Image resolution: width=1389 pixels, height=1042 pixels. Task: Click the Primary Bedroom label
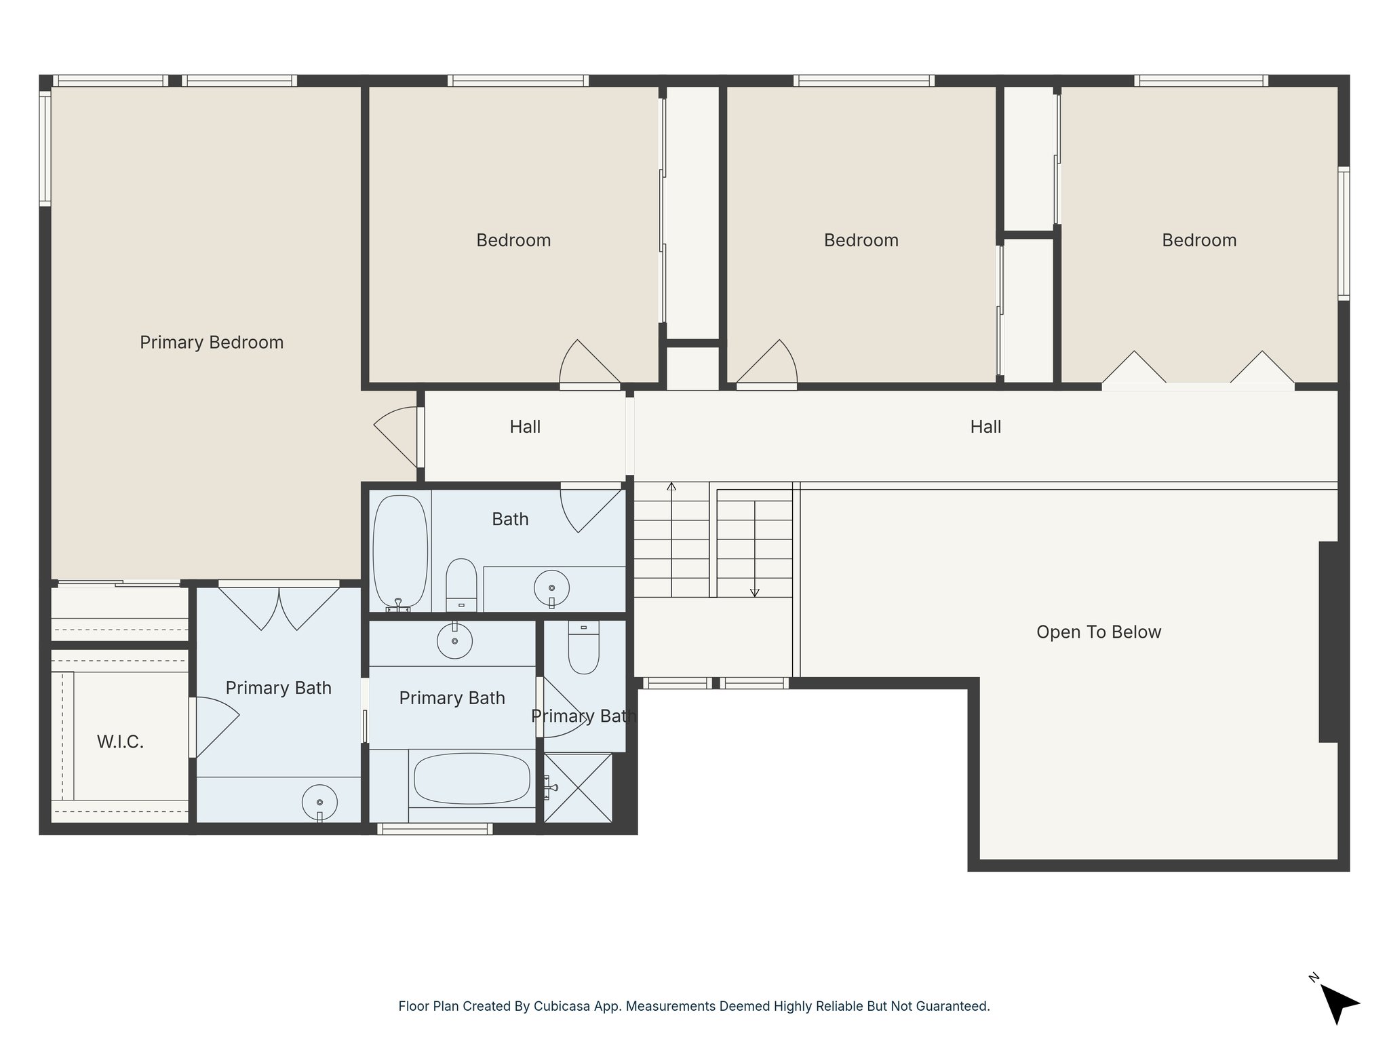(x=212, y=343)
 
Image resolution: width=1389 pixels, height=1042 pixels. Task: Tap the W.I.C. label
(x=120, y=742)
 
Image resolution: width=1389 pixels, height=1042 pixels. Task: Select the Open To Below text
(x=1098, y=632)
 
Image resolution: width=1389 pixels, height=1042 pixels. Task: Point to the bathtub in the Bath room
(x=401, y=552)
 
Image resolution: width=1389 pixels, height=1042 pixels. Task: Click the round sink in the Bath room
(x=551, y=588)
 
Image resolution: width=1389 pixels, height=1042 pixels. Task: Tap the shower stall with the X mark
(x=578, y=788)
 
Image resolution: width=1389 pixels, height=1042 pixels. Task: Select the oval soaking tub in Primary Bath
(x=471, y=779)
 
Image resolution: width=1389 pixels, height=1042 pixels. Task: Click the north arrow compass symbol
(x=1337, y=1003)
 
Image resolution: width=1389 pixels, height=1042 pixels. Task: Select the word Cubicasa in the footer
(x=560, y=1006)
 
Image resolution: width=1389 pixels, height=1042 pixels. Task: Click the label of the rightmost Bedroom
(x=1198, y=240)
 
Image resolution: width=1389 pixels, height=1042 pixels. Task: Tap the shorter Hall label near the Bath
(x=525, y=427)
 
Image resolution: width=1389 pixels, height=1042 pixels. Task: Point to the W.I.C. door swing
(x=214, y=727)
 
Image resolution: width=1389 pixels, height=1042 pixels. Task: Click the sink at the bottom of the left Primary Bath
(x=319, y=803)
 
